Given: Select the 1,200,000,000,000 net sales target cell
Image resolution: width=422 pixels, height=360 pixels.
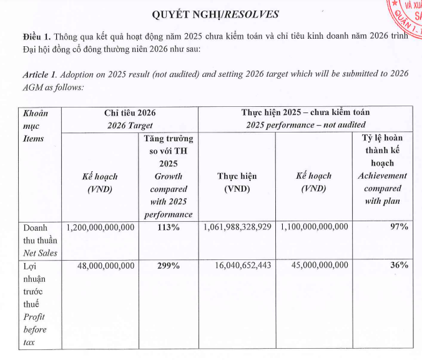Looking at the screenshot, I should (100, 227).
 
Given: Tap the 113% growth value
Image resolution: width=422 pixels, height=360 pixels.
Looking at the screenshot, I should (168, 227).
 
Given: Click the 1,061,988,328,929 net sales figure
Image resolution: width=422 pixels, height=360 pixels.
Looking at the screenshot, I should (237, 227).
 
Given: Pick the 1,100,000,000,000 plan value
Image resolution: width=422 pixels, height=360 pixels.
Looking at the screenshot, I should (315, 227).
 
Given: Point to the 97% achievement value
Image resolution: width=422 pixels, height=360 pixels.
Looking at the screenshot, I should (399, 227).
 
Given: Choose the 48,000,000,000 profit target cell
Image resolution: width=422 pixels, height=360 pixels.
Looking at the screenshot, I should (105, 266).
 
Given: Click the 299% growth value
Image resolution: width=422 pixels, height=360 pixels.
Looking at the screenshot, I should (168, 266).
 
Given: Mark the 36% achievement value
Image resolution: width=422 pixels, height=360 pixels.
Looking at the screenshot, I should (399, 266).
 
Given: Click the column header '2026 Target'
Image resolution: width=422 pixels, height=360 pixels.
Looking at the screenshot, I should (130, 125).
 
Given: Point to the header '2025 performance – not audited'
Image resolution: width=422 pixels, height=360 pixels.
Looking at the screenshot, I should (305, 125).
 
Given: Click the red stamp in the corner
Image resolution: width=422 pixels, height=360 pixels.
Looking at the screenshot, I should (407, 19).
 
